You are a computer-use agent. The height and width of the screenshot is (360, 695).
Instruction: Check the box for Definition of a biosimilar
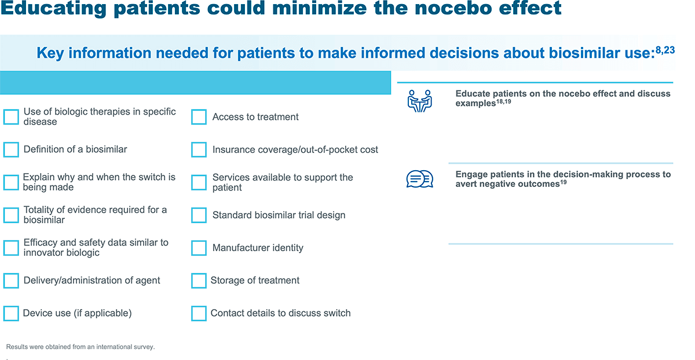coord(11,150)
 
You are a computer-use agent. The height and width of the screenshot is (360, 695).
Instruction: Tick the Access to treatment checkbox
coord(199,117)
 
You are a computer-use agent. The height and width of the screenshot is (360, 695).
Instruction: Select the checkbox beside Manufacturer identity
coord(199,248)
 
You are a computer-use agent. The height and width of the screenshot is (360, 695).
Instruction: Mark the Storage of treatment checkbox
coord(199,281)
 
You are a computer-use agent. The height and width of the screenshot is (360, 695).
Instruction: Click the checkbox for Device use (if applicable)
coord(11,314)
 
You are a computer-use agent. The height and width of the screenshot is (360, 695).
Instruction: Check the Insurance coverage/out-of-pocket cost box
coord(199,150)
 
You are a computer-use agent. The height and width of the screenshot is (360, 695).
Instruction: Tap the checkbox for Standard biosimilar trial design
coord(199,215)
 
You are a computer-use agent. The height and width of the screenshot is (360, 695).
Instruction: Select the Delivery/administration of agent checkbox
coord(11,281)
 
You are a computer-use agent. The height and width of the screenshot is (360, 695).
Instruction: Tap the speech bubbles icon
coord(420,179)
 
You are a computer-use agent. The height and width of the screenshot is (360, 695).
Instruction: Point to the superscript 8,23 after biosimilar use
coord(664,50)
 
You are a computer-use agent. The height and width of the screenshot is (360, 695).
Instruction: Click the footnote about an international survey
coord(81,347)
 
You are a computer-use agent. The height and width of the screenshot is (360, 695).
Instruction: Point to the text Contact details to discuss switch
coord(280,313)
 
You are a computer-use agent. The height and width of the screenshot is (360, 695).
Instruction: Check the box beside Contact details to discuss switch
coord(199,314)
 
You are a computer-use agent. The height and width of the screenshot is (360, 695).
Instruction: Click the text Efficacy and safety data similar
coord(96,243)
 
